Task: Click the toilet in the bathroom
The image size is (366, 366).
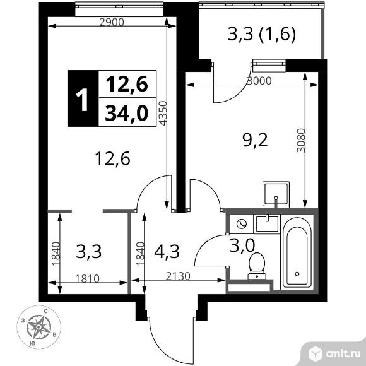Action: (x=257, y=265)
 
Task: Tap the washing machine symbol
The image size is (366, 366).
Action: (x=240, y=223)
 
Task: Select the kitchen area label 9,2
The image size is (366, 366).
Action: (x=256, y=139)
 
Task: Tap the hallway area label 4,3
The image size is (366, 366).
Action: (x=166, y=252)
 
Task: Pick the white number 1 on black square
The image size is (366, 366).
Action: (x=81, y=99)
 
